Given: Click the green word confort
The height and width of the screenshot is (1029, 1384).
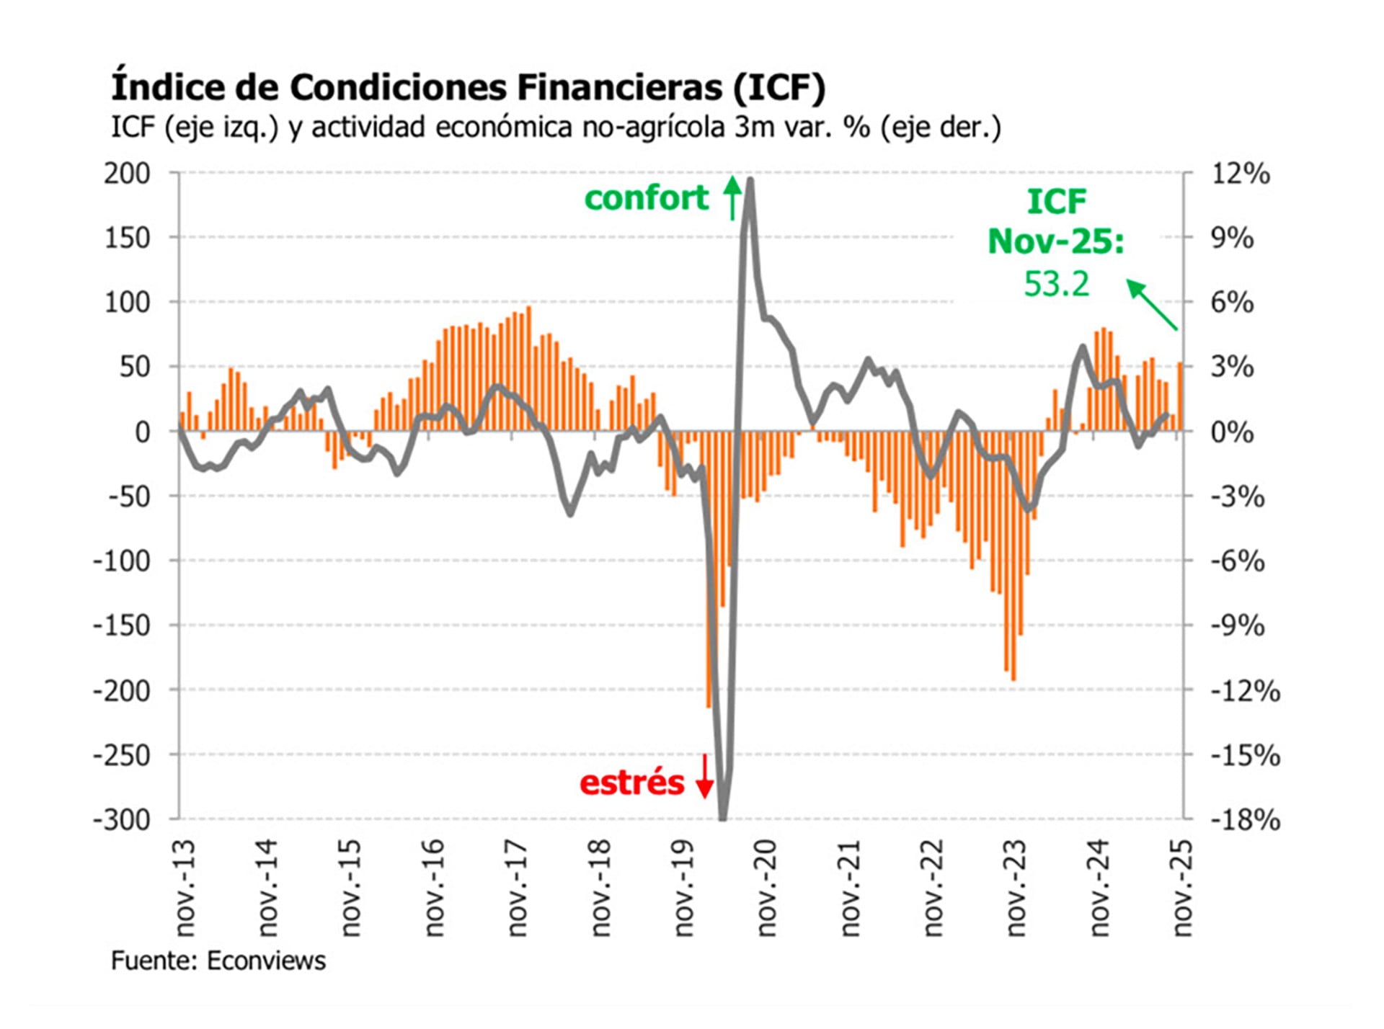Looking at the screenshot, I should pos(646,198).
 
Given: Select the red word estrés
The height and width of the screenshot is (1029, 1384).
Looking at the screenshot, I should pos(631,783).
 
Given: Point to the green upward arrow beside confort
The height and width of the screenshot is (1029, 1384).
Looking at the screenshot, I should pos(732,197).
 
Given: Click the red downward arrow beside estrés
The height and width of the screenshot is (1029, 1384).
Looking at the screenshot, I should pos(704,776).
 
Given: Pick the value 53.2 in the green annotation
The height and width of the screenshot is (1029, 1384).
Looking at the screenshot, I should pos(1056,284).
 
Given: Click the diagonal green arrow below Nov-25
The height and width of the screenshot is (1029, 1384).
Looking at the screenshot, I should pos(1151,305).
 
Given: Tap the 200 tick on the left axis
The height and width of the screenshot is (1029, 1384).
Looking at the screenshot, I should pos(127,174).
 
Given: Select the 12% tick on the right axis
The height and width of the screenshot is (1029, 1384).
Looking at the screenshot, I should pos(1240,174).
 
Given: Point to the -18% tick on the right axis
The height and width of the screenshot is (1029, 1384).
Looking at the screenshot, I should pos(1245,820).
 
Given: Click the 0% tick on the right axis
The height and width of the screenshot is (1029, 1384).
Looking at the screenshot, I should pos(1232,432).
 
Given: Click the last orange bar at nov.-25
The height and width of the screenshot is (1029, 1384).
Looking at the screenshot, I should pos(1180,396).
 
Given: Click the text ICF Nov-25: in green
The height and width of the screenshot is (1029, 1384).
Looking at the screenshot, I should pos(1056,221).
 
